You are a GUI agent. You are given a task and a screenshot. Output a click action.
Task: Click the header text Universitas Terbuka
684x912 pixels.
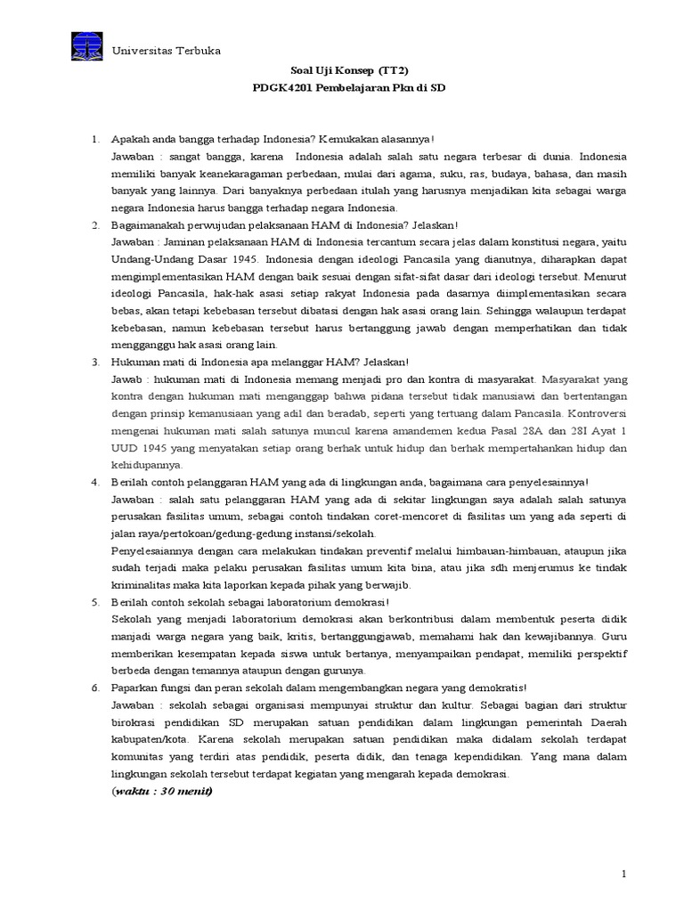coord(167,51)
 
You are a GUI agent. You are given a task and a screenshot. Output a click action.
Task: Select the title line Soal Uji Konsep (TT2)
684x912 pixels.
coord(341,71)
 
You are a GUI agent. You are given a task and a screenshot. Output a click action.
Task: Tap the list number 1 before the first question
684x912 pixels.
coord(95,140)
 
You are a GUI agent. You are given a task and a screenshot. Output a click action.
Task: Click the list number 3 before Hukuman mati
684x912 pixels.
coord(95,362)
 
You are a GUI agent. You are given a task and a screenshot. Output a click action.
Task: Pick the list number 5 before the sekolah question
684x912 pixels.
coord(95,602)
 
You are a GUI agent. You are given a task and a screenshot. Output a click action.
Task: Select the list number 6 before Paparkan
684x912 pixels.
coord(95,688)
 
